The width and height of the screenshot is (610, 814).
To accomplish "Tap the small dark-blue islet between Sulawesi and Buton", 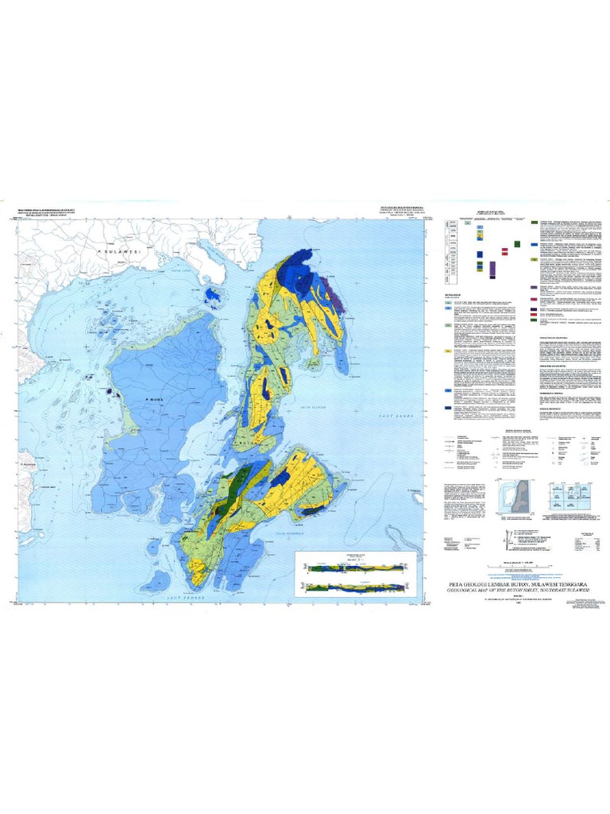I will tap(213, 297).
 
